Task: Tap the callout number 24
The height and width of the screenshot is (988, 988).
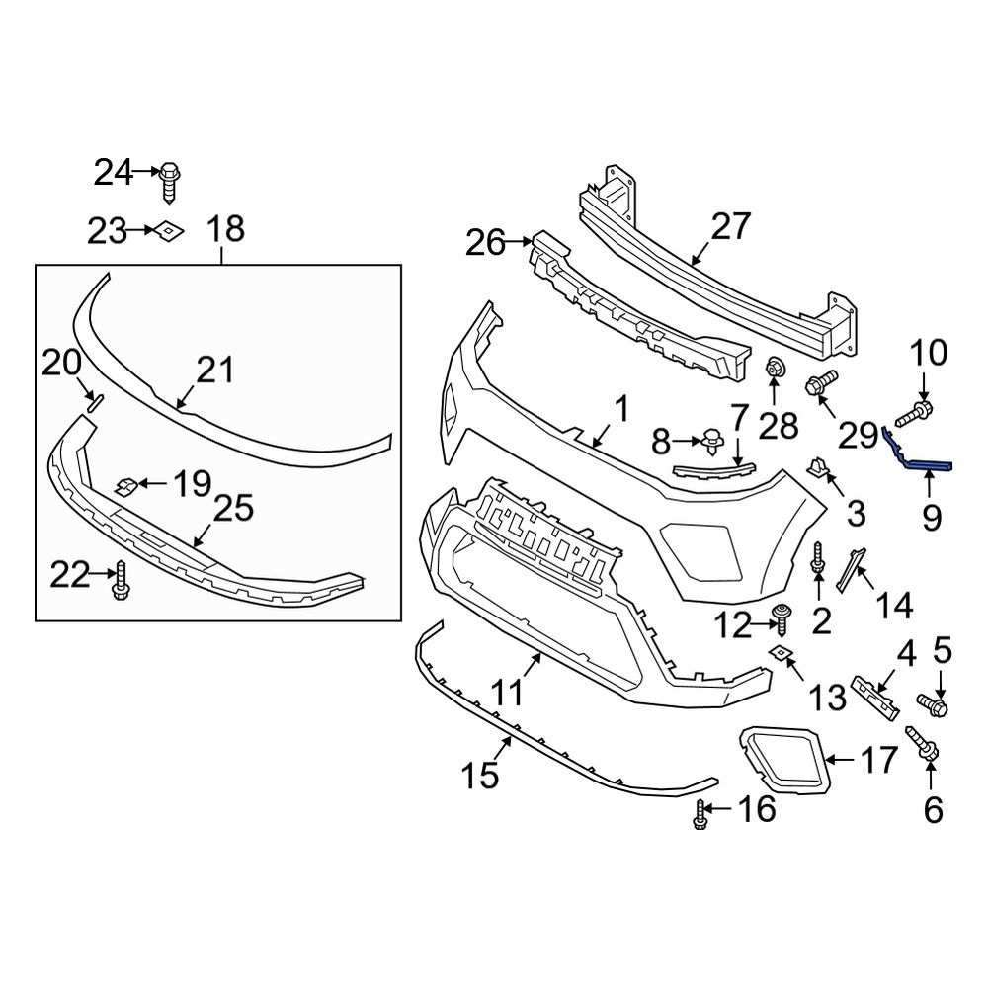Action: pos(112,173)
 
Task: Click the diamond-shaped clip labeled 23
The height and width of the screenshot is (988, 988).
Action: pos(168,230)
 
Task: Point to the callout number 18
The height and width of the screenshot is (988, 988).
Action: pos(224,229)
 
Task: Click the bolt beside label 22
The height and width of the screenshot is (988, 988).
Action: pos(122,578)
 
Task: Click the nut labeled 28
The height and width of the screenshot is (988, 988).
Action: pos(774,369)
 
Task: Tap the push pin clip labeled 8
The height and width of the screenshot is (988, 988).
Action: pos(711,439)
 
